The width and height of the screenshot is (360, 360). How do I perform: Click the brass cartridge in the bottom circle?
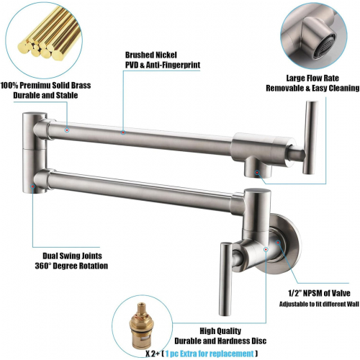pyautogui.click(x=140, y=326)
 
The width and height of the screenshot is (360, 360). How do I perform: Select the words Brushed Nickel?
pyautogui.click(x=151, y=55)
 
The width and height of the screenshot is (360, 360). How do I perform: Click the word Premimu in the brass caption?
pyautogui.click(x=35, y=86)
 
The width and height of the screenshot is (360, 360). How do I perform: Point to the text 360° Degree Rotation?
pyautogui.click(x=71, y=266)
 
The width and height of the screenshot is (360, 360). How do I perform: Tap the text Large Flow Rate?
pyautogui.click(x=312, y=78)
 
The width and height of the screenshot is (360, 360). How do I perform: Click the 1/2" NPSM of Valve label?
pyautogui.click(x=319, y=293)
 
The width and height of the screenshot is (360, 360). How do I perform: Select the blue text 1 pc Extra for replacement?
pyautogui.click(x=210, y=354)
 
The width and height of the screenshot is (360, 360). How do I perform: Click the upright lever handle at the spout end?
pyautogui.click(x=310, y=138)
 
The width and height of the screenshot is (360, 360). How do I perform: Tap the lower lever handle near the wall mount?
pyautogui.click(x=225, y=279)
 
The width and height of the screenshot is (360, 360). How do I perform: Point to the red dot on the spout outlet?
pyautogui.click(x=257, y=172)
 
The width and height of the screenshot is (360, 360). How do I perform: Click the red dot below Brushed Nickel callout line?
pyautogui.click(x=123, y=132)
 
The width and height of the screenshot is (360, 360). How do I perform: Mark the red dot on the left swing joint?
pyautogui.click(x=32, y=186)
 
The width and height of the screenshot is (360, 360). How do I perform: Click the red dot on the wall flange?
pyautogui.click(x=278, y=243)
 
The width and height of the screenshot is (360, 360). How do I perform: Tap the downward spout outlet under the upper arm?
pyautogui.click(x=258, y=167)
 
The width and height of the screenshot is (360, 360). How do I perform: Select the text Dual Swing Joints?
pyautogui.click(x=72, y=256)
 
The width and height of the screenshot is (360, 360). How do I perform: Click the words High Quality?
pyautogui.click(x=220, y=331)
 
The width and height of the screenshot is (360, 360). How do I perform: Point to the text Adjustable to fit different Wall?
pyautogui.click(x=319, y=304)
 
